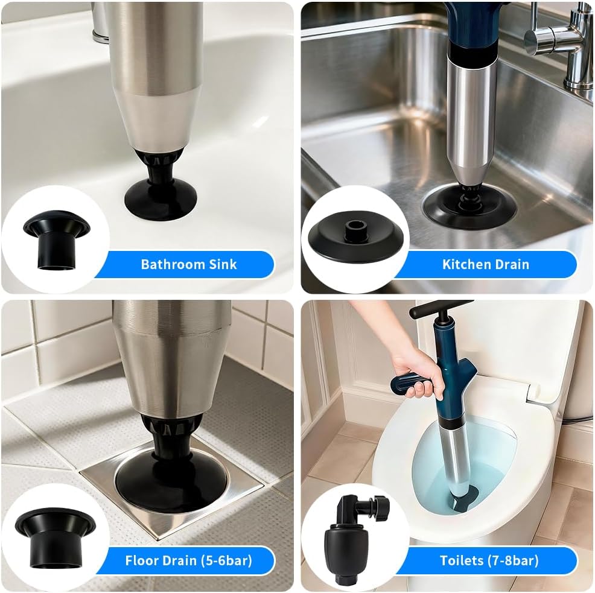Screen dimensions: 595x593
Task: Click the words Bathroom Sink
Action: pyautogui.click(x=189, y=264)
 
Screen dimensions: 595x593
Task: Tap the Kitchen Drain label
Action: pyautogui.click(x=486, y=264)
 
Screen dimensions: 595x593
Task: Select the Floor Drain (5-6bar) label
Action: pyautogui.click(x=189, y=560)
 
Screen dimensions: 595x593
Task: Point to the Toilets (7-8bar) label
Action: pyautogui.click(x=489, y=560)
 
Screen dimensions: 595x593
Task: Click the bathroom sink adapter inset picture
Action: pyautogui.click(x=57, y=239)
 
